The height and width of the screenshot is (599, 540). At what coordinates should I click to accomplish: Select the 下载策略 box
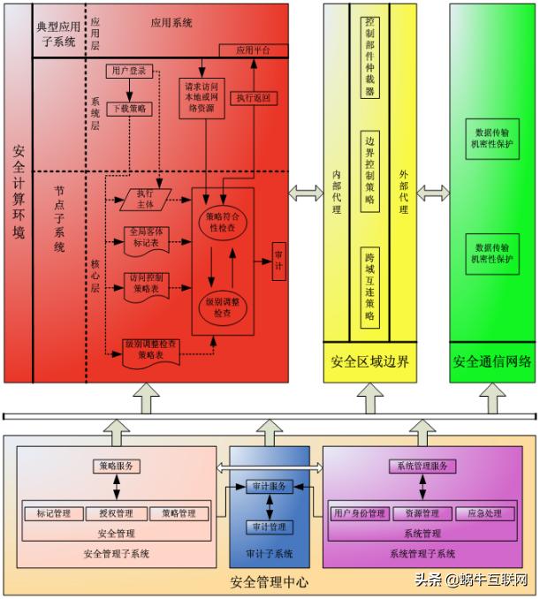130,109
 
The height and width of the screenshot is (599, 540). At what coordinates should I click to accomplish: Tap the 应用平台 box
250,50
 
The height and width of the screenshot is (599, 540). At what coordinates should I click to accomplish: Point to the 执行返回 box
253,98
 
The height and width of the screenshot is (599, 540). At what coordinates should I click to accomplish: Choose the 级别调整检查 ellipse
226,306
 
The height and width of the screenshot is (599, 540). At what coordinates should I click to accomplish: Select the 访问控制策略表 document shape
148,282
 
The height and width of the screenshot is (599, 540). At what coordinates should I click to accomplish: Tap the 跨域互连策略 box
370,286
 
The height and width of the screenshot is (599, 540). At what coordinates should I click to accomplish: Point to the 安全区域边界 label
369,361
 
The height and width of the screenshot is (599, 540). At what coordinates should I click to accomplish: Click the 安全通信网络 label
491,361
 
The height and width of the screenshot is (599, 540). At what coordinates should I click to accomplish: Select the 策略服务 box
117,466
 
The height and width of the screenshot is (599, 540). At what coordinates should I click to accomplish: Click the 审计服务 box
269,487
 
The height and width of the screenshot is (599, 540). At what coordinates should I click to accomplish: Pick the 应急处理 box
484,513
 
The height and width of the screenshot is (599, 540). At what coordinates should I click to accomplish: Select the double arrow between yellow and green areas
433,193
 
